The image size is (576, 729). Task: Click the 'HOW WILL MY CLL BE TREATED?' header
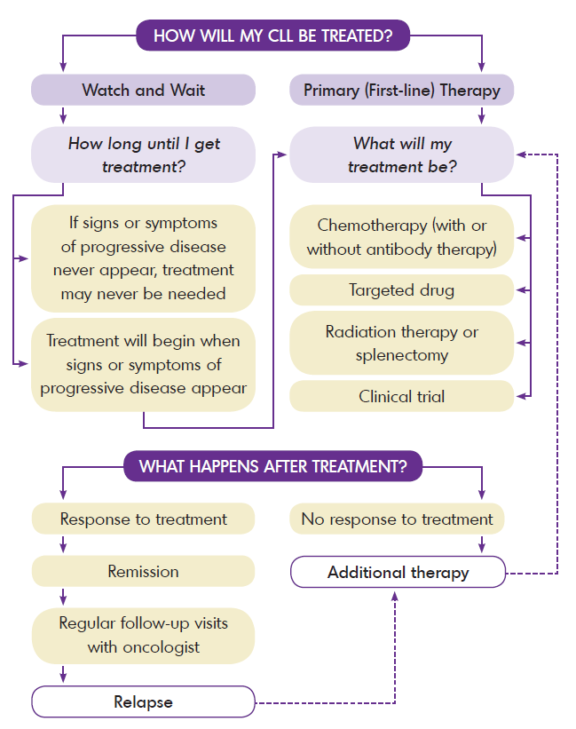pyautogui.click(x=272, y=36)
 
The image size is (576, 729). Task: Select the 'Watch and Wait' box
pyautogui.click(x=143, y=90)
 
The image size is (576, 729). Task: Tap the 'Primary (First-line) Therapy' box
pyautogui.click(x=401, y=90)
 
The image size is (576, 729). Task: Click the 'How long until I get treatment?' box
pyautogui.click(x=143, y=155)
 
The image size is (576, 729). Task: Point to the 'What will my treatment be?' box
pyautogui.click(x=401, y=155)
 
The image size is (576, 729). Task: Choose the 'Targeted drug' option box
pyautogui.click(x=401, y=290)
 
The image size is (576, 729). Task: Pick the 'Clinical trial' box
pyautogui.click(x=401, y=396)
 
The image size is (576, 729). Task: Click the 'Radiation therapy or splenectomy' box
pyautogui.click(x=401, y=343)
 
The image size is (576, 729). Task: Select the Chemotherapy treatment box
pyautogui.click(x=401, y=237)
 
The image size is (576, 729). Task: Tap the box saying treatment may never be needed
pyautogui.click(x=143, y=258)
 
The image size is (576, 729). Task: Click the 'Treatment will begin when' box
pyautogui.click(x=143, y=364)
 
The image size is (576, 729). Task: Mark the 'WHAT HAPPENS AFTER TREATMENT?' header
pyautogui.click(x=272, y=467)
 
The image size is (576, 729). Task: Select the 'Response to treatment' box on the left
pyautogui.click(x=143, y=519)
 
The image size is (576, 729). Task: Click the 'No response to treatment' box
pyautogui.click(x=397, y=519)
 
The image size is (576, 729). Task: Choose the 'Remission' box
pyautogui.click(x=143, y=572)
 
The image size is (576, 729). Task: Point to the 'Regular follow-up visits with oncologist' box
pyautogui.click(x=143, y=635)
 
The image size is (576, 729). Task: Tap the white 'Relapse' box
pyautogui.click(x=143, y=701)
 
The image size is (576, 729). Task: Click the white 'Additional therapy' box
pyautogui.click(x=398, y=572)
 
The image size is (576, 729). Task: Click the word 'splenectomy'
pyautogui.click(x=401, y=355)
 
